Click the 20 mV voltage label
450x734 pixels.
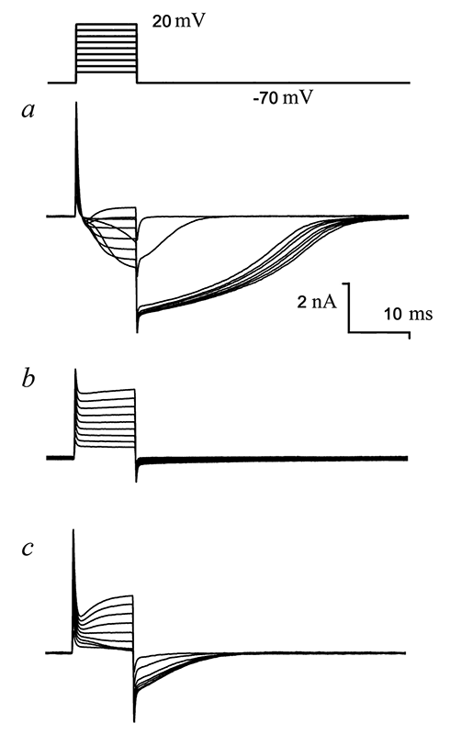point(178,21)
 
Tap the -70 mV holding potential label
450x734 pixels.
point(283,98)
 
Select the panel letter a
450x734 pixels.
point(29,110)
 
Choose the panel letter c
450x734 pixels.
point(28,548)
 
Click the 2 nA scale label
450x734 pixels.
point(317,302)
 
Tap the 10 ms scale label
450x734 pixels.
point(409,314)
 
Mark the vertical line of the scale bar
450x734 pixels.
point(348,307)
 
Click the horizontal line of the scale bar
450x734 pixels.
point(379,332)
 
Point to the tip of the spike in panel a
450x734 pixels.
point(76,102)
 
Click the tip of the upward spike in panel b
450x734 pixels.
point(75,370)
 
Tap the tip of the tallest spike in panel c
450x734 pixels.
point(73,529)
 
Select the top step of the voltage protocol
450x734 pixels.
point(107,25)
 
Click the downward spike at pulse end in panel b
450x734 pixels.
point(136,481)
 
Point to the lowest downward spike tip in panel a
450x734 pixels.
point(137,332)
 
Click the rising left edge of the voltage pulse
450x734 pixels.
point(76,53)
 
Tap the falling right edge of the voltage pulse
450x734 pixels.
point(137,53)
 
